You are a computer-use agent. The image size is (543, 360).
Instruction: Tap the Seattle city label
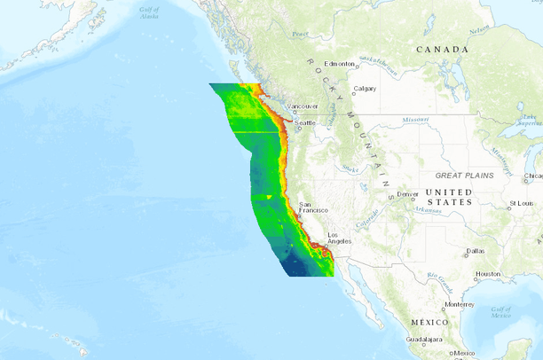[304, 122]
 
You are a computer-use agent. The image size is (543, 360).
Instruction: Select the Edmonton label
[339, 64]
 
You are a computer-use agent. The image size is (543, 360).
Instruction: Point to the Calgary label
[365, 88]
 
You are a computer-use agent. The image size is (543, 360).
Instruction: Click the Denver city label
[408, 193]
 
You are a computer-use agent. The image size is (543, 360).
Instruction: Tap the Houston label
[488, 274]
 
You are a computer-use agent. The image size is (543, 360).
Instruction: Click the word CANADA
[442, 50]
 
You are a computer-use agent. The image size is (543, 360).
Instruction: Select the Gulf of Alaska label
[149, 13]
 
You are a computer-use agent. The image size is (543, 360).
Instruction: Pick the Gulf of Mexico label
[501, 311]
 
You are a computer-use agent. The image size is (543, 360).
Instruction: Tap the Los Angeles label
[340, 237]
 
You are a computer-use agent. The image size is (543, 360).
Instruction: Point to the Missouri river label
[414, 119]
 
